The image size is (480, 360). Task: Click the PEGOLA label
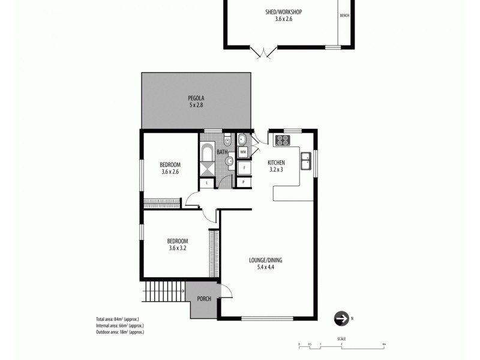coord(196,98)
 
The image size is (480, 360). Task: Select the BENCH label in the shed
coord(344,16)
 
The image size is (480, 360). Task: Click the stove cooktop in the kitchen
coord(282,141)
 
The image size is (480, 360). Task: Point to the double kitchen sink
coord(306,161)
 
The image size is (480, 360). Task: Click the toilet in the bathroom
coord(226,140)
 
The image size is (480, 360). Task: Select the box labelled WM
coord(243,152)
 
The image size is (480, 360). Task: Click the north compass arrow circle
coord(341,318)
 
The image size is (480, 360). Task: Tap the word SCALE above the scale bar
coord(341,340)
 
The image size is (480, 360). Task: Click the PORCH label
coord(203,298)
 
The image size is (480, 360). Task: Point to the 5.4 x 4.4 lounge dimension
coord(266,267)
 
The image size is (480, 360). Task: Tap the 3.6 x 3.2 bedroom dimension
coord(178,248)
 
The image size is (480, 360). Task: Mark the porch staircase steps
coord(164,292)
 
